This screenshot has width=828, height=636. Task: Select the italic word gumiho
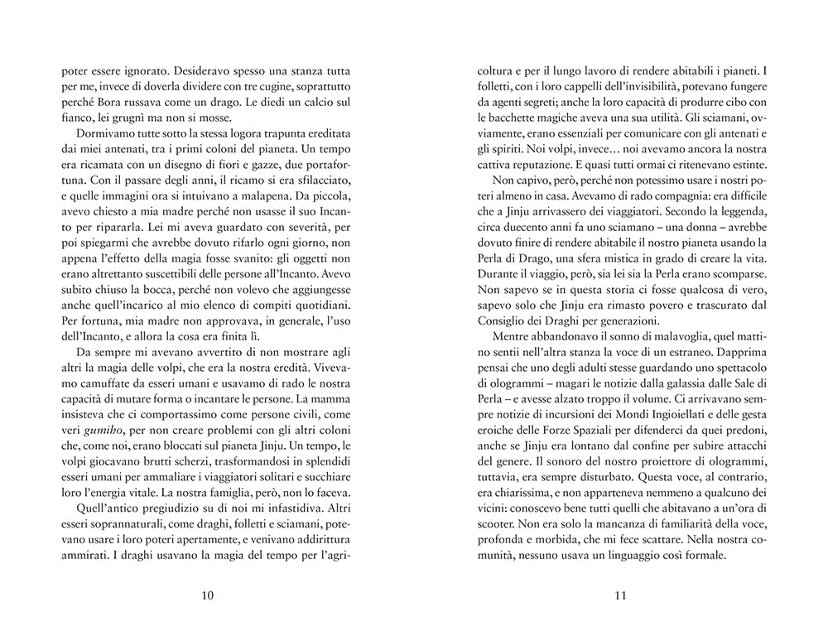114,429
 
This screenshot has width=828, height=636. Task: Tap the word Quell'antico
112,508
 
